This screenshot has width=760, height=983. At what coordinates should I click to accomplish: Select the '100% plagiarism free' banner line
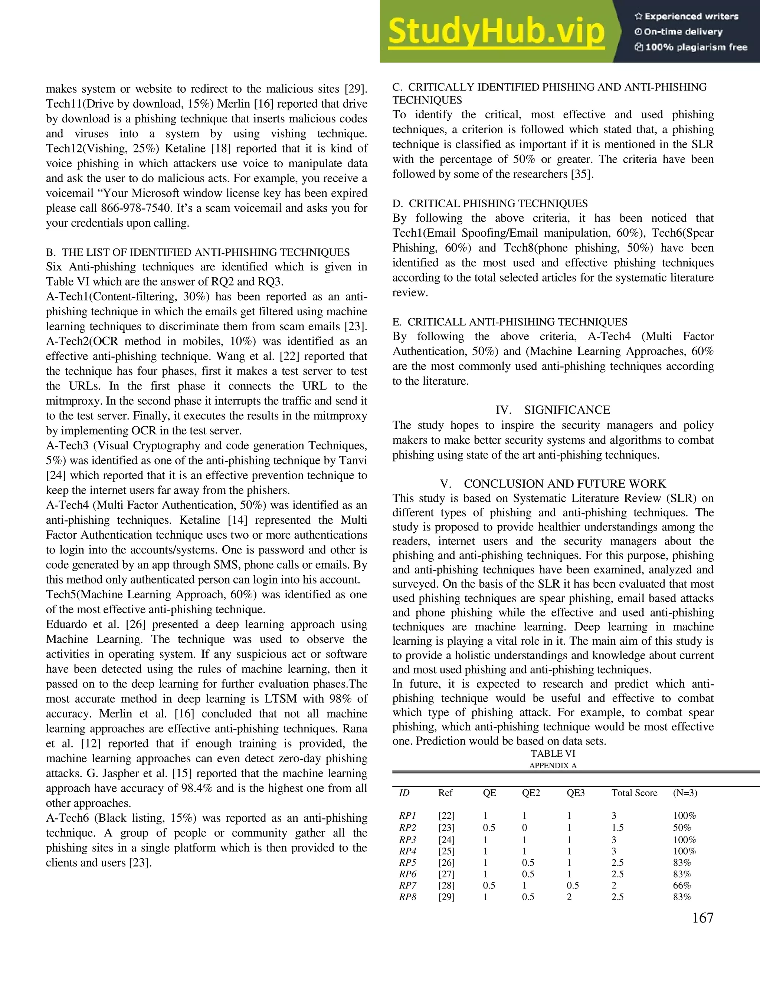[691, 47]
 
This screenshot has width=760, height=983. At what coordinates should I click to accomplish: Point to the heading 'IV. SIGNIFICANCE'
[553, 410]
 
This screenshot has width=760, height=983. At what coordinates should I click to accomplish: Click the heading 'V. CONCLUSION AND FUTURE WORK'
[553, 484]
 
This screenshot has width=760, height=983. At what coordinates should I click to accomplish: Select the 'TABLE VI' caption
[553, 753]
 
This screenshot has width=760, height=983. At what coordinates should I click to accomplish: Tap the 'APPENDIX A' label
[553, 766]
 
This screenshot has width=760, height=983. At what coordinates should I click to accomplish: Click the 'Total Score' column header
[634, 793]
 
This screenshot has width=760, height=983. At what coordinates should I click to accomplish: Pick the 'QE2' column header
[531, 793]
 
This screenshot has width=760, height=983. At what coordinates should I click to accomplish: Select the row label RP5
[407, 863]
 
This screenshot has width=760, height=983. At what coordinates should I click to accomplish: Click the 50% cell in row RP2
[682, 828]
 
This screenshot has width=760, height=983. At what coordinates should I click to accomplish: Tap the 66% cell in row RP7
[682, 885]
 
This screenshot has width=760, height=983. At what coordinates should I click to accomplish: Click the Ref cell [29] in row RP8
[446, 897]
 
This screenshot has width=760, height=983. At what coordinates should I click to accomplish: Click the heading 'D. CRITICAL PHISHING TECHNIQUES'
[490, 203]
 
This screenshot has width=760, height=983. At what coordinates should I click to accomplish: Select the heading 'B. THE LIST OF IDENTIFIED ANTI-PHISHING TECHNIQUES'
[198, 253]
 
